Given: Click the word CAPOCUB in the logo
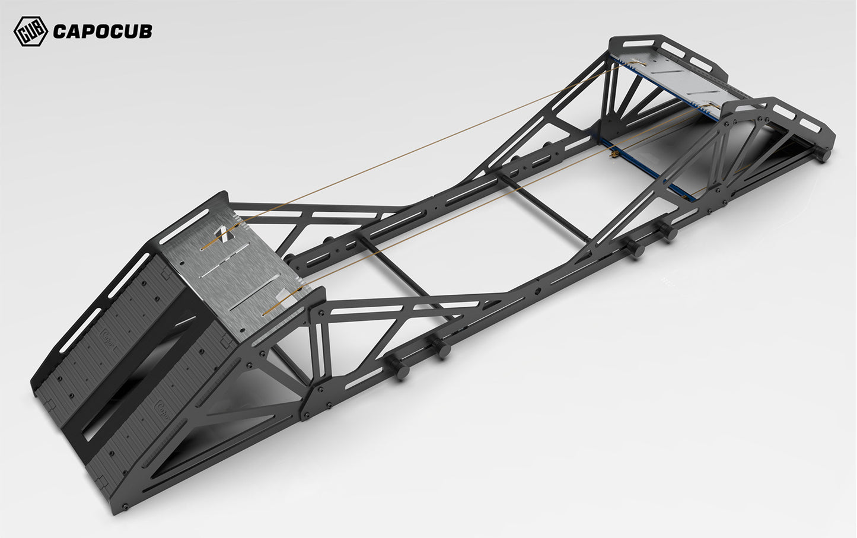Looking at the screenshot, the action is [x=103, y=31].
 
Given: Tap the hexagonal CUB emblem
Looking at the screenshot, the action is [x=31, y=31].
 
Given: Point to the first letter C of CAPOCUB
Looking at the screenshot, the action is [x=59, y=31].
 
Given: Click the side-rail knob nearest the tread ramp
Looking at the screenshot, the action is [x=398, y=367].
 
